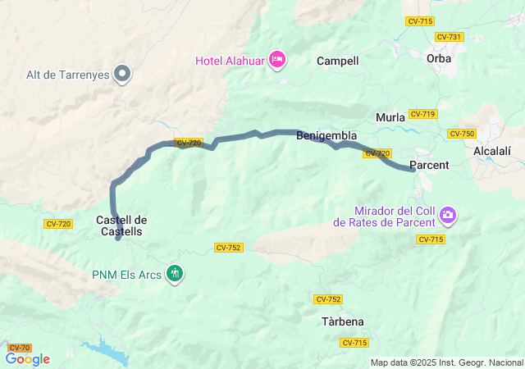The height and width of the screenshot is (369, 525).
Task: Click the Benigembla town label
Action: [326, 135]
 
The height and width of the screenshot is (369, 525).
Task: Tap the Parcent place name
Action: [428, 165]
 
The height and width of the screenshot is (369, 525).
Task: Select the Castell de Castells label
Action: [121, 225]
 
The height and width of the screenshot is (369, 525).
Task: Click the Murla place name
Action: [390, 117]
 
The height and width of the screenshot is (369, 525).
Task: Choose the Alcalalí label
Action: [494, 151]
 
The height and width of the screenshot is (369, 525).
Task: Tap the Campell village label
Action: [338, 61]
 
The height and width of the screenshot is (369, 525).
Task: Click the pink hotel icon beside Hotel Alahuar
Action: [277, 58]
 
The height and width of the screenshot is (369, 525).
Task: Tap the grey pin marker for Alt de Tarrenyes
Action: [123, 74]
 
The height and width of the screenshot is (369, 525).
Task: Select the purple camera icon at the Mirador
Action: [448, 216]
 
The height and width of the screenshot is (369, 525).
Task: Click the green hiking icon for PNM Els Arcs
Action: [175, 273]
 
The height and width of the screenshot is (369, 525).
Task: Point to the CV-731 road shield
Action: [450, 37]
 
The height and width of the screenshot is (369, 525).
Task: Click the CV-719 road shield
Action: [422, 114]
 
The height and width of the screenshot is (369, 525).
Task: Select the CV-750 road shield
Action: [462, 134]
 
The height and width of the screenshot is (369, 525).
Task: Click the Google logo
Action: [27, 359]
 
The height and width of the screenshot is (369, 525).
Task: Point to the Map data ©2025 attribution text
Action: [446, 362]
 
